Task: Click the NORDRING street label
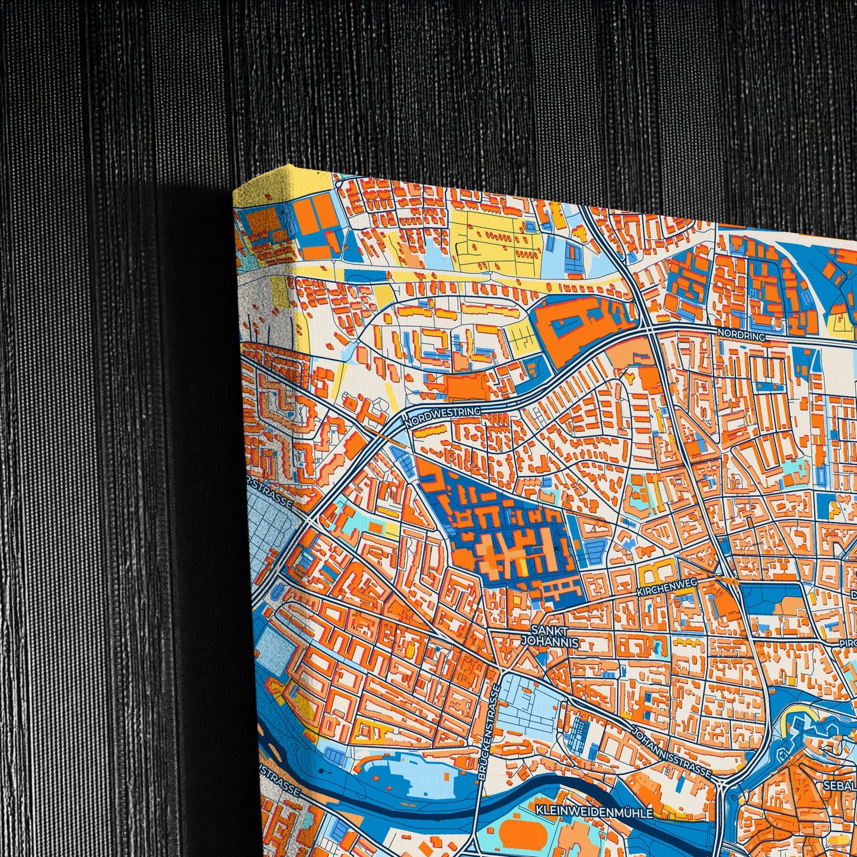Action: tap(741, 334)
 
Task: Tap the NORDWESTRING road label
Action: tap(442, 414)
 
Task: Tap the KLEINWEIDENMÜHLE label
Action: tap(594, 812)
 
